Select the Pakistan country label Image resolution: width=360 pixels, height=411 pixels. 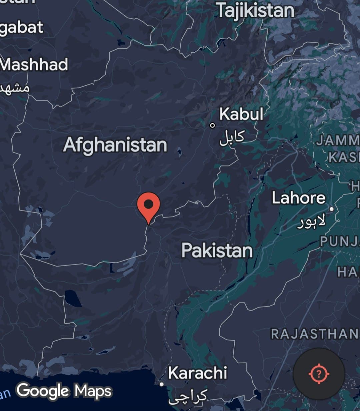tap(217, 250)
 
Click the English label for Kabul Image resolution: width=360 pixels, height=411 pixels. tap(241, 114)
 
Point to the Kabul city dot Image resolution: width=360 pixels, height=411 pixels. tap(212, 125)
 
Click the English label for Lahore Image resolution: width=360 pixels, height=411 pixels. tap(298, 198)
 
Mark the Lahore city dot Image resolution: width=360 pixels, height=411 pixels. tap(331, 209)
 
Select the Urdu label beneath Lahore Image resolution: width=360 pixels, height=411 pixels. tap(311, 222)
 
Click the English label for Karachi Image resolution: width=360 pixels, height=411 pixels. tap(197, 373)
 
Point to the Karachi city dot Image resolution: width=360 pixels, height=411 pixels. tap(162, 384)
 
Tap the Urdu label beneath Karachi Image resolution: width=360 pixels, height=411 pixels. tap(188, 396)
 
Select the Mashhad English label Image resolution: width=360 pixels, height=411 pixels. tap(34, 64)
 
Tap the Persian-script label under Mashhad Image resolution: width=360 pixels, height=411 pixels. tap(15, 87)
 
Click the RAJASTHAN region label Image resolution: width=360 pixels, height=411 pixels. tap(314, 334)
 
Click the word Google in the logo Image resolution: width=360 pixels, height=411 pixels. tap(43, 391)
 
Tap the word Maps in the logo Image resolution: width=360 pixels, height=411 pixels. tap(93, 391)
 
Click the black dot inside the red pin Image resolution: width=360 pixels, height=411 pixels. tap(149, 203)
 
